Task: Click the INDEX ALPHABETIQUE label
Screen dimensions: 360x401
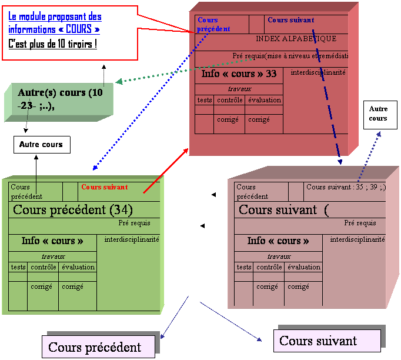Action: [296, 39]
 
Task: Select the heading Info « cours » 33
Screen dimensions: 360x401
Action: [239, 74]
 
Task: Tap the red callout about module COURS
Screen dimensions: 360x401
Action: [69, 32]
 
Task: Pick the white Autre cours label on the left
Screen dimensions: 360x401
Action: [41, 144]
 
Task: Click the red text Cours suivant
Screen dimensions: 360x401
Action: [104, 187]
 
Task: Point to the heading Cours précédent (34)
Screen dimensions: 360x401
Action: [72, 209]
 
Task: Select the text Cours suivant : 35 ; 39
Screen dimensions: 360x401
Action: [346, 187]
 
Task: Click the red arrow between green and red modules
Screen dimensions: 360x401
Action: [165, 170]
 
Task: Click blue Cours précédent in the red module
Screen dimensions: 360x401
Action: [213, 24]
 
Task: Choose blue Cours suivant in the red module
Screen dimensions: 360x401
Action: [290, 20]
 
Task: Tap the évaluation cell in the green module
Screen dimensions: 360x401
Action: [78, 267]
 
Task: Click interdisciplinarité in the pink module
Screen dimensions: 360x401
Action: [357, 239]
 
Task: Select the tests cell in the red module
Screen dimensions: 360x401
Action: [205, 100]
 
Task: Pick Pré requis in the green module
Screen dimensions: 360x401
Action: [134, 223]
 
